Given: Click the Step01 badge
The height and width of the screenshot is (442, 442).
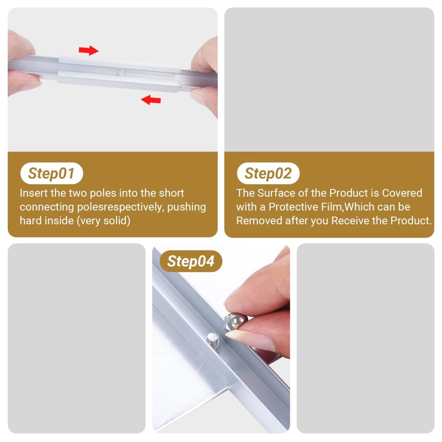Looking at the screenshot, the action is pyautogui.click(x=52, y=173).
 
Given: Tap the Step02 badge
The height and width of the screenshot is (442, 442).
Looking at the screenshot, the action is pyautogui.click(x=268, y=173).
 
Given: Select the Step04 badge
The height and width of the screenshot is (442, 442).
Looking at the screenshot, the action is pyautogui.click(x=191, y=261).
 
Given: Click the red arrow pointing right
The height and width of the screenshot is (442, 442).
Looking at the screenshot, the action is pyautogui.click(x=88, y=50).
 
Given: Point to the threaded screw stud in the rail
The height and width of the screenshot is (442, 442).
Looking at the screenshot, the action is pyautogui.click(x=213, y=341).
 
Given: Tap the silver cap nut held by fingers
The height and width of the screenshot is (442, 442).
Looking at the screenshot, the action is pyautogui.click(x=236, y=322).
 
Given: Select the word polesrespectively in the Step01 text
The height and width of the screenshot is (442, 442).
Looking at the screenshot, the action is pyautogui.click(x=120, y=207).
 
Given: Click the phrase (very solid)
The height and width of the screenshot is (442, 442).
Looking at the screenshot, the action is pyautogui.click(x=104, y=221).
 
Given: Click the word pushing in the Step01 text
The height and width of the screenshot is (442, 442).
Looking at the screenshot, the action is pyautogui.click(x=186, y=207).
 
